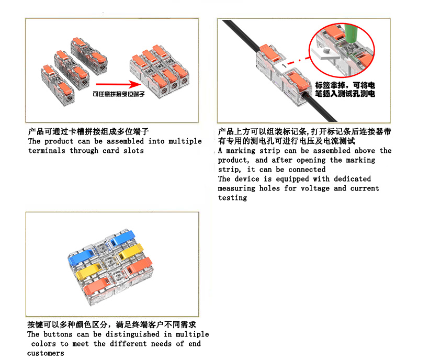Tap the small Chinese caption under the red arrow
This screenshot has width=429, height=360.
click(119, 94)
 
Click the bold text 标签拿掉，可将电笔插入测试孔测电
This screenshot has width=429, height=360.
click(345, 89)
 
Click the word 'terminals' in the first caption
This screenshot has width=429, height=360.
click(47, 151)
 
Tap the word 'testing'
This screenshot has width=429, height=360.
click(233, 198)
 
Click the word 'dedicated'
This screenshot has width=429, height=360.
click(353, 179)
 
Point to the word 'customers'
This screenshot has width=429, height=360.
click(46, 353)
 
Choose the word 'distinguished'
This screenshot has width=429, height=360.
click(132, 334)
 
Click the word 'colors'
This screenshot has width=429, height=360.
click(43, 344)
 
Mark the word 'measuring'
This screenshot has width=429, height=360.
click(236, 188)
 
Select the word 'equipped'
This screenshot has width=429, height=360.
click(292, 179)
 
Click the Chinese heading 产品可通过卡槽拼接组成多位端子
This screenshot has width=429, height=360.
click(88, 131)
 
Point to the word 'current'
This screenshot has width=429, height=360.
click(365, 188)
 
